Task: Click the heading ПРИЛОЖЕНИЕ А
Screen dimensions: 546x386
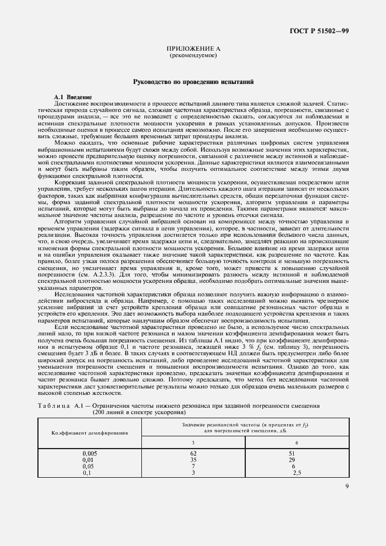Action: (193, 50)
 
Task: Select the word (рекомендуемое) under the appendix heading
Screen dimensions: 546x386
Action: (193, 56)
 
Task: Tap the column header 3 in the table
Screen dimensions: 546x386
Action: (193, 442)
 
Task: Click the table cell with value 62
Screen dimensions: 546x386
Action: (193, 453)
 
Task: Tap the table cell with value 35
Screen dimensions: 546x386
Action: (193, 459)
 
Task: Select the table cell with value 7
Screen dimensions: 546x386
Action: (193, 466)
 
